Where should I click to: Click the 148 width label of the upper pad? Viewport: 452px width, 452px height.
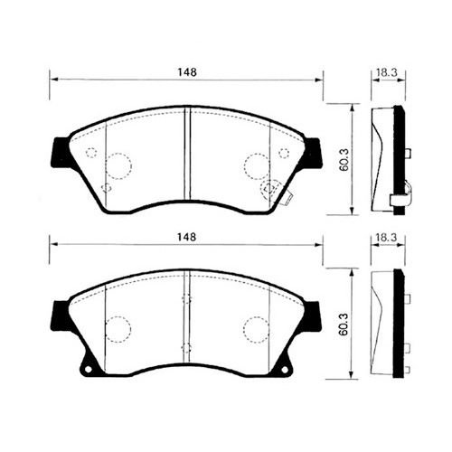coord(187,71)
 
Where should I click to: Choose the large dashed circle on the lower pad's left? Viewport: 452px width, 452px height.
coord(118,327)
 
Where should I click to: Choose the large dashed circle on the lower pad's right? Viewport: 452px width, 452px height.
coord(257,327)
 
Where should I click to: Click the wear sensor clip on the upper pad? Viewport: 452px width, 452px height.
coord(271,191)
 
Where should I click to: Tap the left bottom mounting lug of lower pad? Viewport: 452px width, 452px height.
coord(88,367)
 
